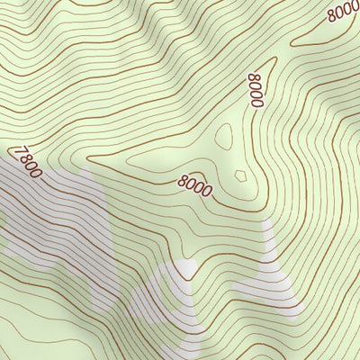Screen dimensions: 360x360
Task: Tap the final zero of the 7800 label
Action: click(x=36, y=173)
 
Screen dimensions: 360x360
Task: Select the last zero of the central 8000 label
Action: click(x=208, y=191)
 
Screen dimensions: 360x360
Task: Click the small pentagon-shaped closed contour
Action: click(x=240, y=175)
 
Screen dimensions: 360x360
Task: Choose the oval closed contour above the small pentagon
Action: click(x=224, y=138)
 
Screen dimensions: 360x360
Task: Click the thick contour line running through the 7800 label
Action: click(x=54, y=184)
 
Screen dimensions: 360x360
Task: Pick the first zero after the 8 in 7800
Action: click(x=29, y=166)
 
